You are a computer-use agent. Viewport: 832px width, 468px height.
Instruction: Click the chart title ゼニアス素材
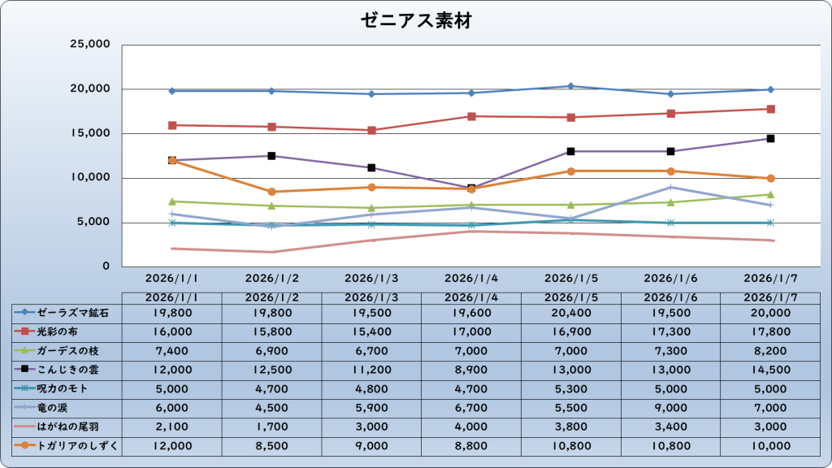(416, 22)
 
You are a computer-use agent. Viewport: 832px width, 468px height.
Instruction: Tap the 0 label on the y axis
(106, 266)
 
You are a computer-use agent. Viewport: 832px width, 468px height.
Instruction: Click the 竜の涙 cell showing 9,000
(671, 407)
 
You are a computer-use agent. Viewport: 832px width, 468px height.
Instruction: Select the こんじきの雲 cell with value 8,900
(471, 369)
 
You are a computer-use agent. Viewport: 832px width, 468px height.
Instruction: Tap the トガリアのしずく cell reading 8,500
(271, 445)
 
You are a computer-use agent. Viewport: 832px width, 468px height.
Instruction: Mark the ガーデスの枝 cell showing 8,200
(770, 350)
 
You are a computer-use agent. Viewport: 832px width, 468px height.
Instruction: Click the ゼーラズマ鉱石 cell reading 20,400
(571, 312)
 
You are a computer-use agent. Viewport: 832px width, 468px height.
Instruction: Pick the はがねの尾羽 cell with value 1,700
(271, 426)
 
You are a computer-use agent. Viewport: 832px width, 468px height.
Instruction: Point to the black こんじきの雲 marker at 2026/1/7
(770, 139)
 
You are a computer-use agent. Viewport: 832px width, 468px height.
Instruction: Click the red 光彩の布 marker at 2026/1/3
(371, 130)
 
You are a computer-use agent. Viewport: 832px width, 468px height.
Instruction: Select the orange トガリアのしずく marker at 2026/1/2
(271, 192)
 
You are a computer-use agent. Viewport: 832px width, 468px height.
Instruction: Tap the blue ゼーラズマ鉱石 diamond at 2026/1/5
(571, 86)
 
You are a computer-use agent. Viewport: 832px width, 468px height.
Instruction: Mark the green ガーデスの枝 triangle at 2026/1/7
(770, 194)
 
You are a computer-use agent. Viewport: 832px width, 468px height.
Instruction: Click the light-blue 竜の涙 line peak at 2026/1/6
(671, 187)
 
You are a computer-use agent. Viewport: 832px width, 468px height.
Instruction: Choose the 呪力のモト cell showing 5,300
(571, 388)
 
